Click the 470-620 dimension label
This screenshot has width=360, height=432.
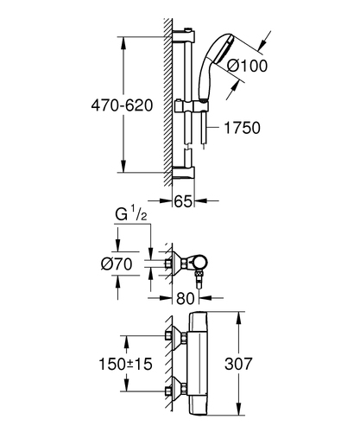(122, 105)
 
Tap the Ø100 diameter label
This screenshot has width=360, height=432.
(247, 66)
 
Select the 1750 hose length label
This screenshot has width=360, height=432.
(242, 128)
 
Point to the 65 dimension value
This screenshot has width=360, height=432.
(183, 201)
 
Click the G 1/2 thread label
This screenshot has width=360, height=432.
(131, 214)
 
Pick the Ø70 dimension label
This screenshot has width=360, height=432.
(117, 264)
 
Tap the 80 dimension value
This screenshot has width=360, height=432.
(185, 298)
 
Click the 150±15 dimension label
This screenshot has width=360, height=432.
(125, 364)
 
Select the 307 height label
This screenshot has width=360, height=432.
(238, 364)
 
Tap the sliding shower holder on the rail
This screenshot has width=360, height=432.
(190, 106)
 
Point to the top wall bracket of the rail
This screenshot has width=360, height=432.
(184, 35)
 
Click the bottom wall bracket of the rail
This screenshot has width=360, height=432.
(184, 174)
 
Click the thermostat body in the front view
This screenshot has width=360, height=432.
(197, 364)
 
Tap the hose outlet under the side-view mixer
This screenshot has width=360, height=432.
(199, 280)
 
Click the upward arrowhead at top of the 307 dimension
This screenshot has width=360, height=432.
(238, 318)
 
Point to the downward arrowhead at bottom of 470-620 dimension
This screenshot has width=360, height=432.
(123, 166)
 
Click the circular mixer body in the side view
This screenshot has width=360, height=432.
(199, 263)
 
